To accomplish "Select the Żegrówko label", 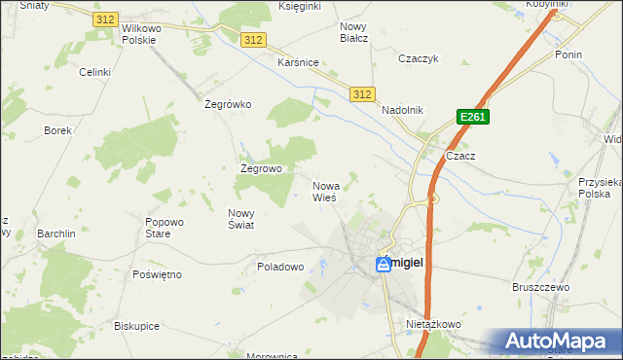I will point(229,104).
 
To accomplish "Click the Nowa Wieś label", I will point(325,191).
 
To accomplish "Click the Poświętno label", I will point(157,274).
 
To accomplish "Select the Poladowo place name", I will point(280,266).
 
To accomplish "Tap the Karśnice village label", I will point(299,62).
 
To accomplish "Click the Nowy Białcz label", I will point(353,33).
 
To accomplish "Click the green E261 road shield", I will point(472,118).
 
